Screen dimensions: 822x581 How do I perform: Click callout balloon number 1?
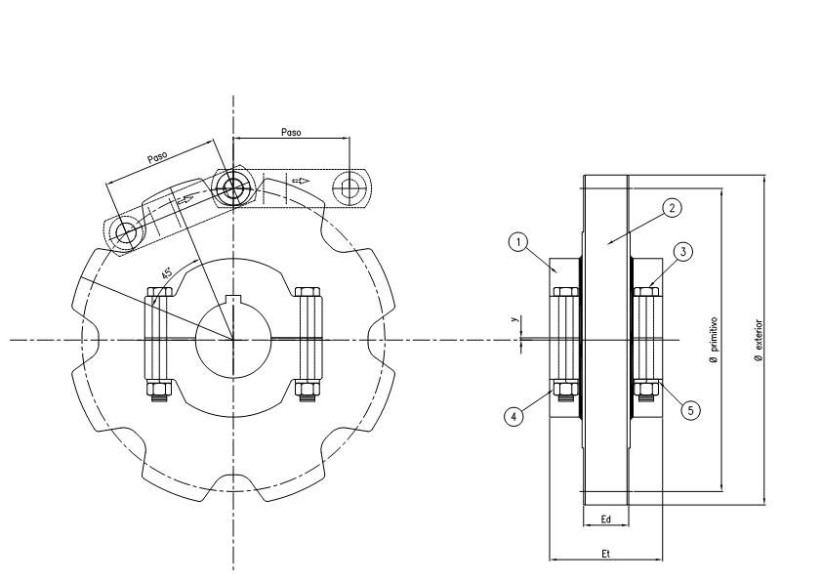(518, 242)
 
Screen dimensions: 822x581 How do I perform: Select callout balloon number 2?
(672, 208)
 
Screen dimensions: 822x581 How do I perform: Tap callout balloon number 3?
(683, 252)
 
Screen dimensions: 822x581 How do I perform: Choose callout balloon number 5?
(690, 410)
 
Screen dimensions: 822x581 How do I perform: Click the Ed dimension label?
(606, 519)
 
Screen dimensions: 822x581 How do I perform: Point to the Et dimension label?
(606, 554)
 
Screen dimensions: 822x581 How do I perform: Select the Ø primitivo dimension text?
(714, 341)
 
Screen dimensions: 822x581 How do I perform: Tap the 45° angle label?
(167, 273)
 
